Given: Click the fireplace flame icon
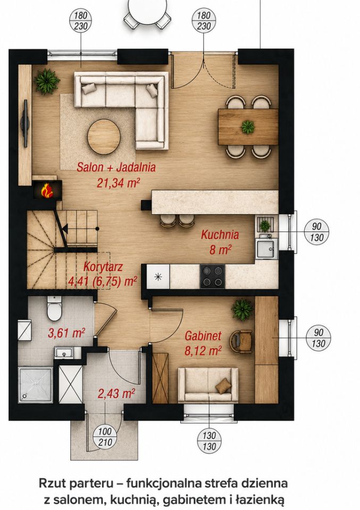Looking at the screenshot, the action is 47,190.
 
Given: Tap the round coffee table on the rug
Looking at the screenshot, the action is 104,137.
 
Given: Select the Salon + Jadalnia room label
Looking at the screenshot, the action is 116,167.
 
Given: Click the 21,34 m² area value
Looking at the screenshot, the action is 119,183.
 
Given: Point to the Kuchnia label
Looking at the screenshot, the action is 220,234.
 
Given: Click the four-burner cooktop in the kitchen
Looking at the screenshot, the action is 213,276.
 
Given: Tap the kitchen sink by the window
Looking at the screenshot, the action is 266,249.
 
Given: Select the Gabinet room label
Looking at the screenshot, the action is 203,336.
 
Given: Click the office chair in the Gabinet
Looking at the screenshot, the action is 241,342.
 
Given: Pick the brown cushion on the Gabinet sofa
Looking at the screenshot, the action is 223,385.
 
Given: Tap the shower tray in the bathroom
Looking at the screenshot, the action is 36,385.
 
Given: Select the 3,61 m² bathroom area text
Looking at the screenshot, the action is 66,333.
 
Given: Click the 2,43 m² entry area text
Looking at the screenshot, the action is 116,394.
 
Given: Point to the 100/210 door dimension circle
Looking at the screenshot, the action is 105,437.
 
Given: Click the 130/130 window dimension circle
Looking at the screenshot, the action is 210,441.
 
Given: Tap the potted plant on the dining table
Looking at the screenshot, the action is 248,126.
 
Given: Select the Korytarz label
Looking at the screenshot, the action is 103,267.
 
